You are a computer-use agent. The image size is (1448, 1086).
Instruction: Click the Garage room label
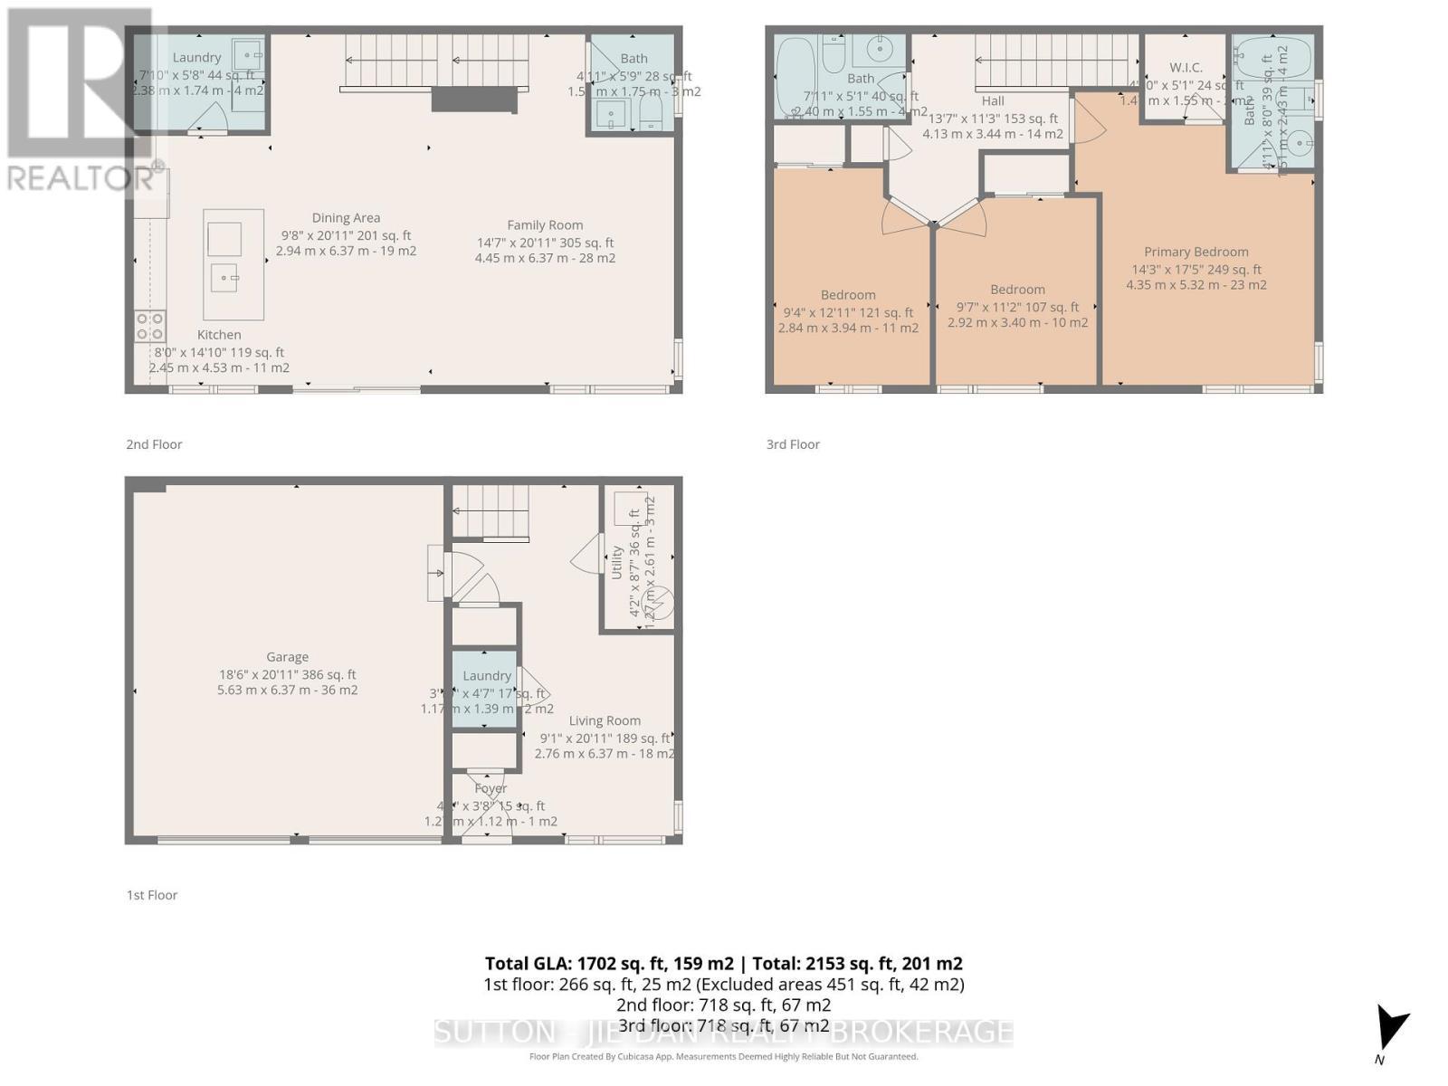coord(287,657)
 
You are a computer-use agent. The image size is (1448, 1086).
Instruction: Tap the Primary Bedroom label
coord(1196,252)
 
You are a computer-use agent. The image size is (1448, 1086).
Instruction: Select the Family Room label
coord(545,225)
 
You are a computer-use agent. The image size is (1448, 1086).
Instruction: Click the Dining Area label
coord(346,217)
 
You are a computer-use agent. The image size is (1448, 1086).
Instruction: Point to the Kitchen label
coord(219,335)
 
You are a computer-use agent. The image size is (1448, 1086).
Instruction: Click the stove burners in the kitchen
coord(150,326)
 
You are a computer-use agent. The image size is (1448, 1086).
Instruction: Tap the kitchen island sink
coord(224,278)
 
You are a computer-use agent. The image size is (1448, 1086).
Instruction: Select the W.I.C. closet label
coord(1185,68)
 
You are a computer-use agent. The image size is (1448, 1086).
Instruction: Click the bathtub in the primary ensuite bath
coord(1272,59)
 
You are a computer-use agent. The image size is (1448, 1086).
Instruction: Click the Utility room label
coord(617,562)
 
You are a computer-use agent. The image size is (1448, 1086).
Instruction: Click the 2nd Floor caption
coord(154,444)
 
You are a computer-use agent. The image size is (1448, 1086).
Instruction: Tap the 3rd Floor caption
coord(793,444)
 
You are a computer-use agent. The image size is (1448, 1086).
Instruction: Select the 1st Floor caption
coord(152,895)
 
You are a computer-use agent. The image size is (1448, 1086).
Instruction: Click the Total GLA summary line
coord(723,963)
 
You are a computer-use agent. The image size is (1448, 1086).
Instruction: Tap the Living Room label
coord(605,721)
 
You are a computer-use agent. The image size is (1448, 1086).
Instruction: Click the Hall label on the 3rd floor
coord(993,101)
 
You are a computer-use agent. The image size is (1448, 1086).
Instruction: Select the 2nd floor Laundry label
coord(196,58)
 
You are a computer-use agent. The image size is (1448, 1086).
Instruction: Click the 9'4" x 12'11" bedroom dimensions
coord(848,312)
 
